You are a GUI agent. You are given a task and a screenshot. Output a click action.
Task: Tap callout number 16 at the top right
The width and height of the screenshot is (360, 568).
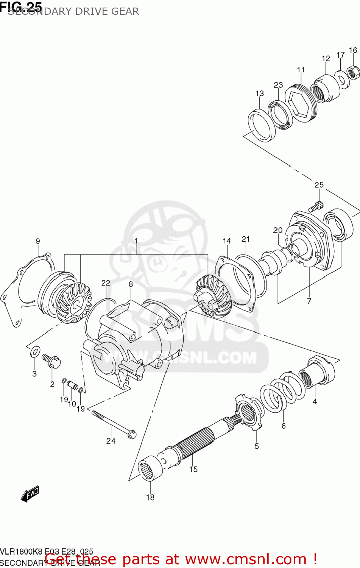[353, 50]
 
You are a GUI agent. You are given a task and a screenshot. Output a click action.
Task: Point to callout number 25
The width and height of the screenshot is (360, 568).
[319, 185]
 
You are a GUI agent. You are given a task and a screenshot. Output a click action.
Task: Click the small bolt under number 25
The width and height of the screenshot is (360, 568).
[316, 207]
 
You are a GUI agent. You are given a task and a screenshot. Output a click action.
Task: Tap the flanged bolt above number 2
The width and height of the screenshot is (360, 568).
[51, 360]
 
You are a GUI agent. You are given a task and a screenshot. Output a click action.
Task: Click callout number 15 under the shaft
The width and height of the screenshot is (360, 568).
[193, 469]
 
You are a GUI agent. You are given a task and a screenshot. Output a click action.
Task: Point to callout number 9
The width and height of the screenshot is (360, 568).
[38, 241]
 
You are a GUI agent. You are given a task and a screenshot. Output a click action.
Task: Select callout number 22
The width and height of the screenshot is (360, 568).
[106, 283]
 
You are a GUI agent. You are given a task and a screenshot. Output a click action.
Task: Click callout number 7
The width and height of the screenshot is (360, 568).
[309, 301]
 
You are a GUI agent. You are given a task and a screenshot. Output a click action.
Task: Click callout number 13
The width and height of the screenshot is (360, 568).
[260, 94]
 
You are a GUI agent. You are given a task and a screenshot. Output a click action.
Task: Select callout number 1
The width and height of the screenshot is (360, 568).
[136, 241]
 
